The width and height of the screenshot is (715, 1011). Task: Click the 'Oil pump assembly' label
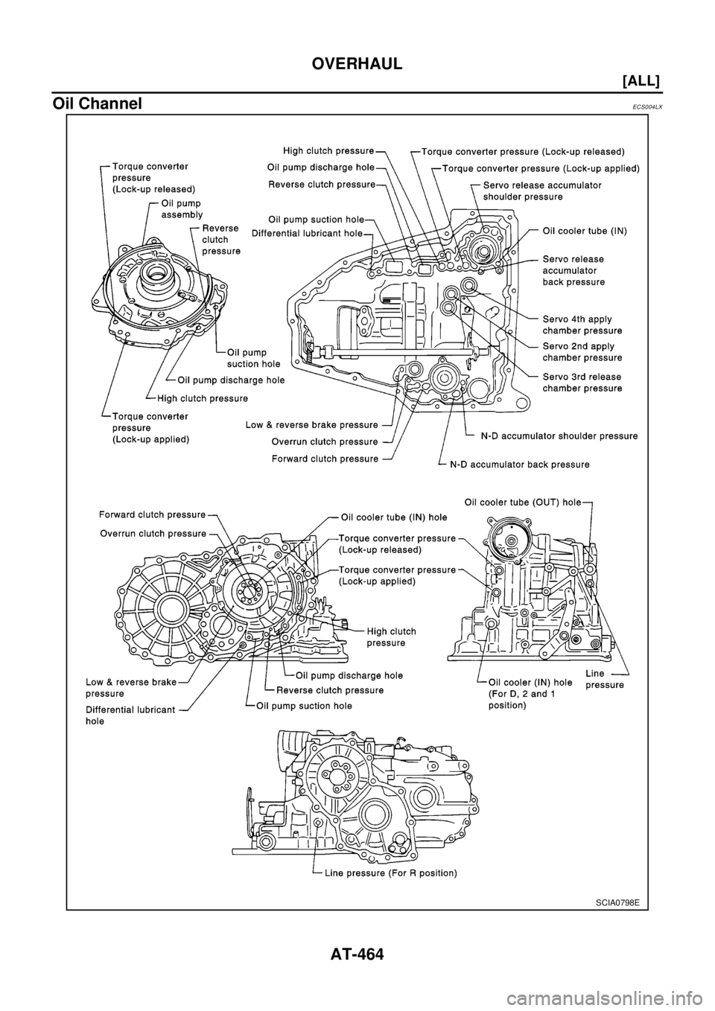(181, 208)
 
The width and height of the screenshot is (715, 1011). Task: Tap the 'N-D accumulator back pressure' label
(519, 464)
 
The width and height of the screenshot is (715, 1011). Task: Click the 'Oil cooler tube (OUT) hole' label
(522, 503)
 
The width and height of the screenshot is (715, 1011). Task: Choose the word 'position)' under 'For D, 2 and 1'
(508, 705)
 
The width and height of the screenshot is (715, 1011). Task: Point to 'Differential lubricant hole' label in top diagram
(306, 233)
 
